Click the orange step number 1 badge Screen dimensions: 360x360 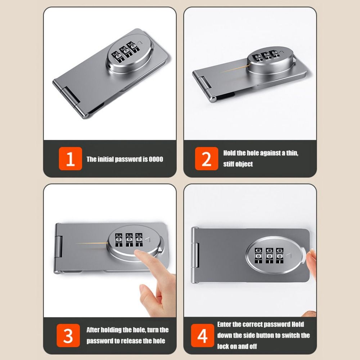(70, 159)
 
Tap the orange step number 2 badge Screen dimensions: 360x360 (207, 158)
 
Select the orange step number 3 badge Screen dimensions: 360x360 (68, 335)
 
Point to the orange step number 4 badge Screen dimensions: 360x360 (202, 336)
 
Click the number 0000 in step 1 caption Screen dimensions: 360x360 (156, 159)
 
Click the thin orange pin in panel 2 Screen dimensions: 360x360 (234, 68)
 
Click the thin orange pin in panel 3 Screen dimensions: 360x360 (92, 243)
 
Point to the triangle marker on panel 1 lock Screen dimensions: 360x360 (140, 42)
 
